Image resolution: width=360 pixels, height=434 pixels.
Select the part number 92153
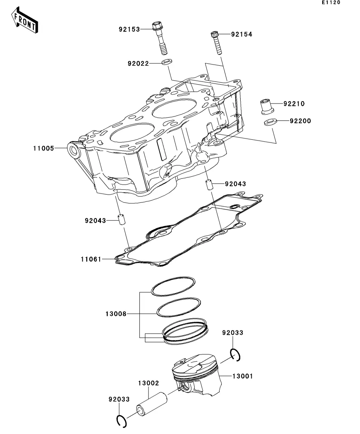(x=129, y=29)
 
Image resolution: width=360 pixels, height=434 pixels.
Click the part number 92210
(x=294, y=104)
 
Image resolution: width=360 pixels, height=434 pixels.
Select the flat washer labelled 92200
(x=270, y=122)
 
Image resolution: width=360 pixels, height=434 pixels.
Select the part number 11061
(x=91, y=259)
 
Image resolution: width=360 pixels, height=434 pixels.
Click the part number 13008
(x=116, y=314)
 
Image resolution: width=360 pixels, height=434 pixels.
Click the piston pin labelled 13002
(x=152, y=404)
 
